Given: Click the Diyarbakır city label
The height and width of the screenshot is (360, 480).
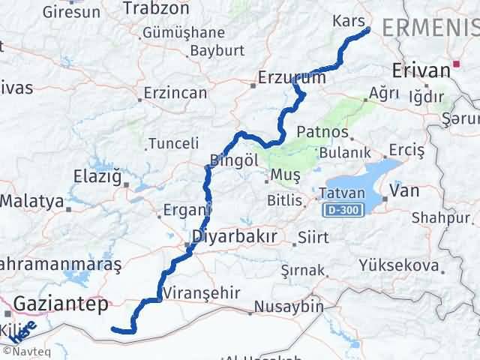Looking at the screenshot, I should point(235,237).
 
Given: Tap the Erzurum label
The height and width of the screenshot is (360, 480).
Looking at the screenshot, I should point(291,77).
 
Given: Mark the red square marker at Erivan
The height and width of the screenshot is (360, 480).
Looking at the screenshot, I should point(456,65).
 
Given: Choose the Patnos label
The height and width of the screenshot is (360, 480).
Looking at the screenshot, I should point(323,132).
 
